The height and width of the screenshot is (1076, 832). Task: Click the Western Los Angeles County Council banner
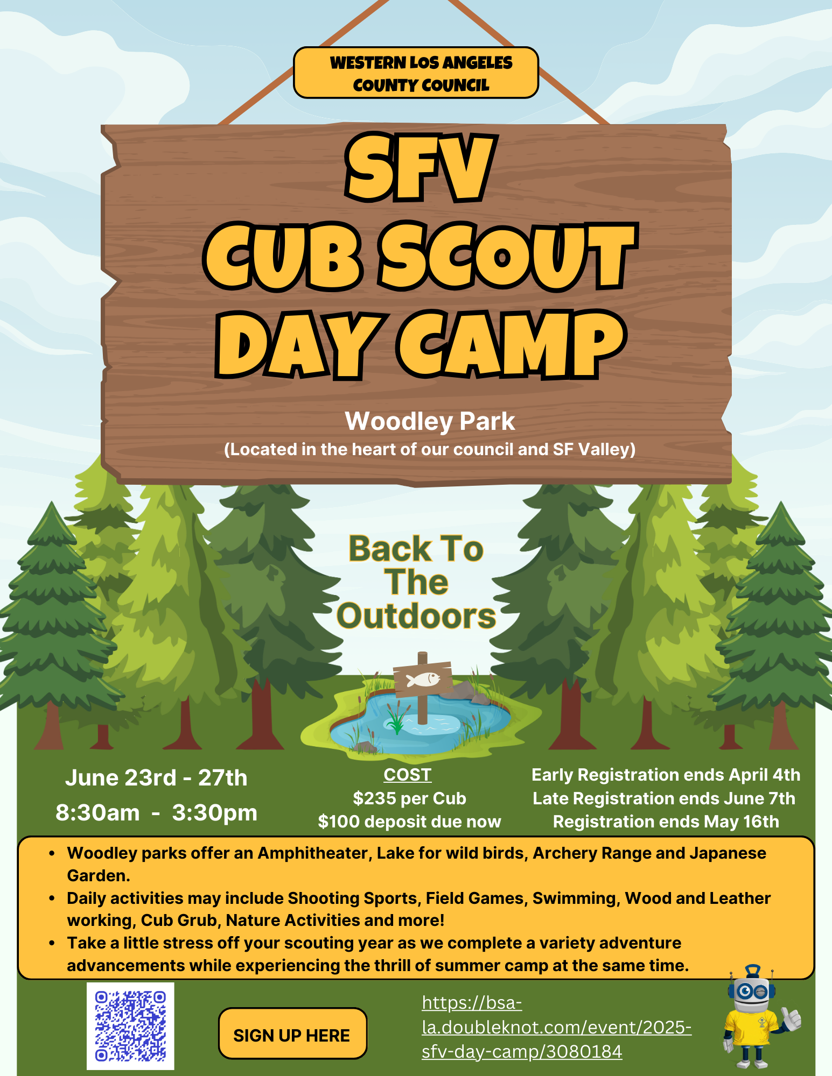coord(416,73)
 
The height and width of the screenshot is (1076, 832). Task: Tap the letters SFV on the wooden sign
coord(420,167)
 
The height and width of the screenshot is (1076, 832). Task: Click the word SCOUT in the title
coord(507,256)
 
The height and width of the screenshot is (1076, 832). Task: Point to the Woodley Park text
coord(430,421)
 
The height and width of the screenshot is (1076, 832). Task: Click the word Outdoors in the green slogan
coord(416,616)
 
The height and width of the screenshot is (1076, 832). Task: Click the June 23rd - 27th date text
coord(156,778)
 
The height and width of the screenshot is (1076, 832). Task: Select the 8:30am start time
coord(97,813)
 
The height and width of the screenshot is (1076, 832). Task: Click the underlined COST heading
coord(408,775)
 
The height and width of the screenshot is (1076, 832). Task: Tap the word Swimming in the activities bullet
coord(575,898)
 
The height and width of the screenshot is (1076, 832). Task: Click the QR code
coord(130,1026)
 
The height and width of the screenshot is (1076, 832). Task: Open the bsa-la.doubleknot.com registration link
coord(556,1027)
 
